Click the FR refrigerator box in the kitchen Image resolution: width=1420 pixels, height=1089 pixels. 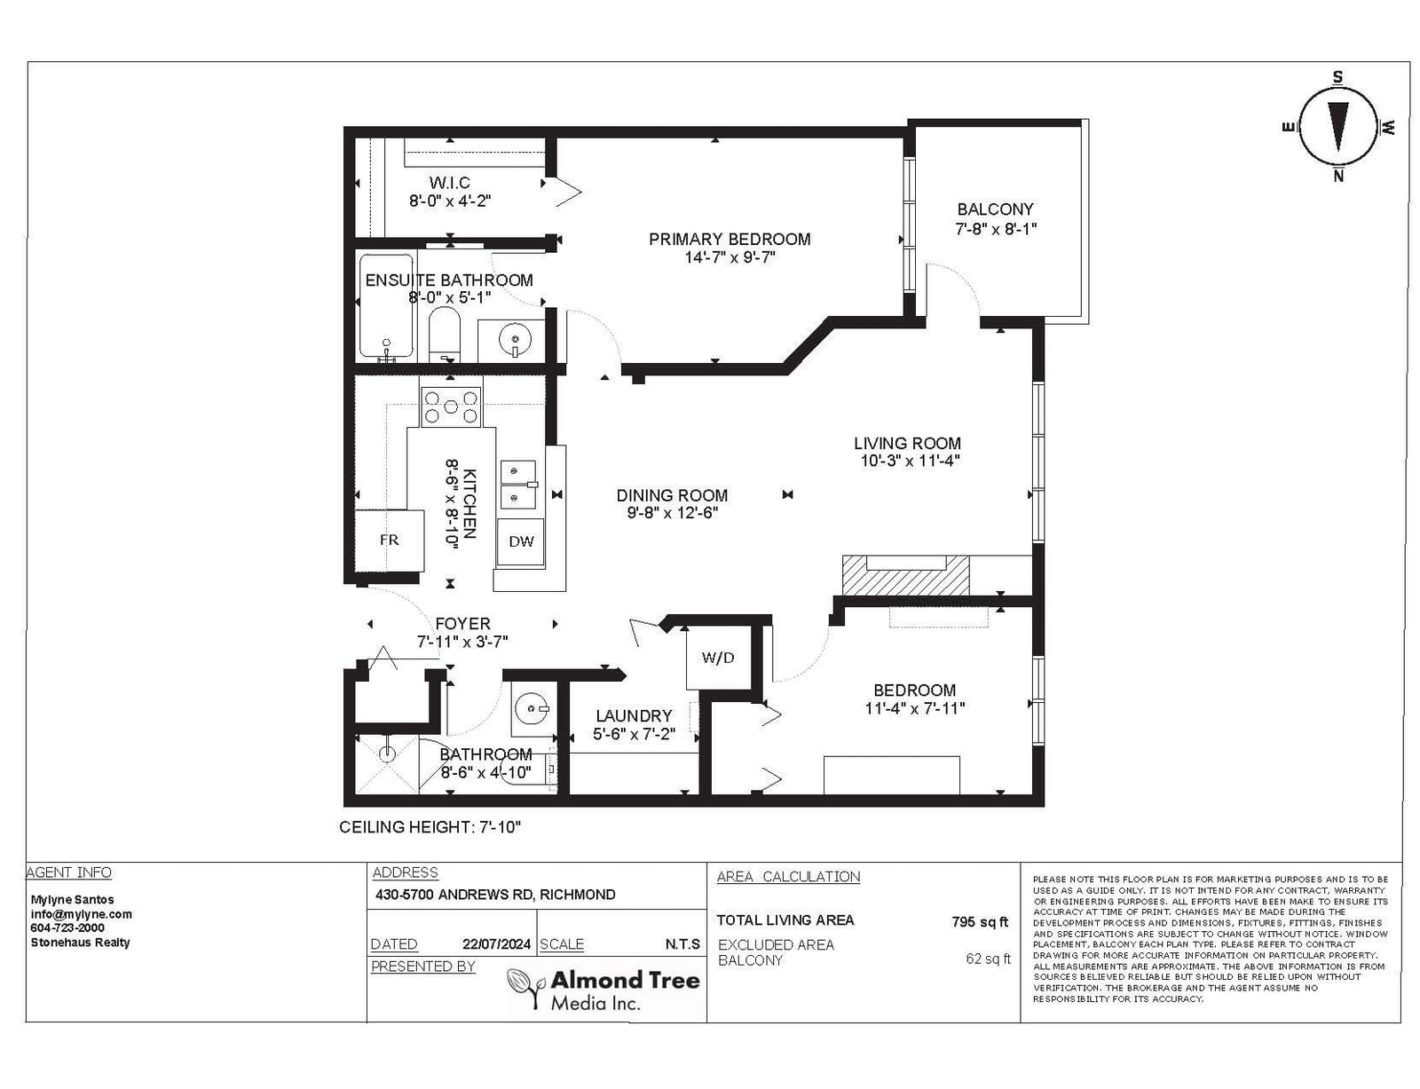tap(388, 540)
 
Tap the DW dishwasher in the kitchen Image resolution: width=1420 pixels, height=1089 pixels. tap(520, 541)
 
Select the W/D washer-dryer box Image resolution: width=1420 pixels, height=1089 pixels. tap(717, 657)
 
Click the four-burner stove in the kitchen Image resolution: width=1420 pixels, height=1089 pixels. tap(450, 407)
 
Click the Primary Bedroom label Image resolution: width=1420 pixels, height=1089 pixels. tap(730, 239)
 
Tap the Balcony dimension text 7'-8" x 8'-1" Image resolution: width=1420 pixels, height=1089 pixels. tap(995, 229)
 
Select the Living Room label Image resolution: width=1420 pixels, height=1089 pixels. tap(907, 443)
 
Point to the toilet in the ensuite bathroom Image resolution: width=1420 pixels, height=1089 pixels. tap(445, 335)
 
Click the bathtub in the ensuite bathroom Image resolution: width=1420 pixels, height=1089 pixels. tap(386, 307)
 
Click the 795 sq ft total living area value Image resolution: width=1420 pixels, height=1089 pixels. tap(980, 922)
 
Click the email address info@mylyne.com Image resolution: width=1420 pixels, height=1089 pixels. tap(81, 914)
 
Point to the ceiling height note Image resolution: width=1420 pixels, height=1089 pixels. tap(430, 827)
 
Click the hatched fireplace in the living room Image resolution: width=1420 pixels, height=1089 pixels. tap(905, 575)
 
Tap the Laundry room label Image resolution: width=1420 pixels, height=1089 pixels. tap(633, 715)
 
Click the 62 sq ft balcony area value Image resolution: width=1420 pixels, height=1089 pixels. tap(988, 959)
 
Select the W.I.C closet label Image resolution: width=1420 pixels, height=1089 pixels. tap(450, 183)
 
